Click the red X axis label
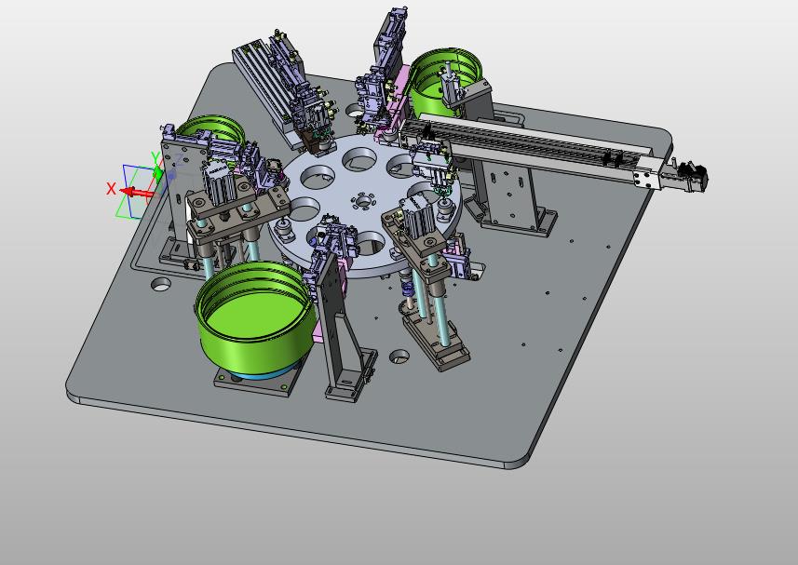pyautogui.click(x=111, y=189)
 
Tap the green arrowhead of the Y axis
pyautogui.click(x=158, y=173)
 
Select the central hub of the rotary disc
pyautogui.click(x=363, y=202)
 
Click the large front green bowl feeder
pyautogui.click(x=254, y=316)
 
